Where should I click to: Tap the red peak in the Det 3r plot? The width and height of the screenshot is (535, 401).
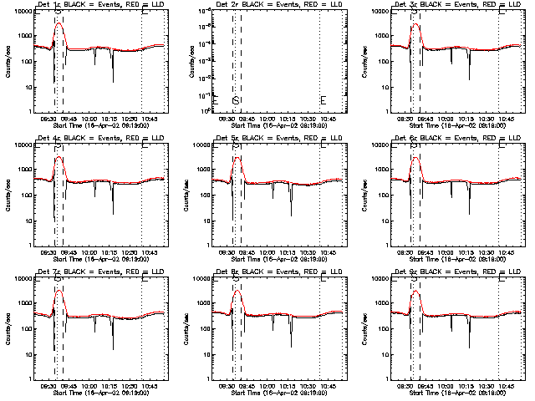(x=415, y=25)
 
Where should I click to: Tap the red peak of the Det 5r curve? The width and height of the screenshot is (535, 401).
(x=237, y=158)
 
